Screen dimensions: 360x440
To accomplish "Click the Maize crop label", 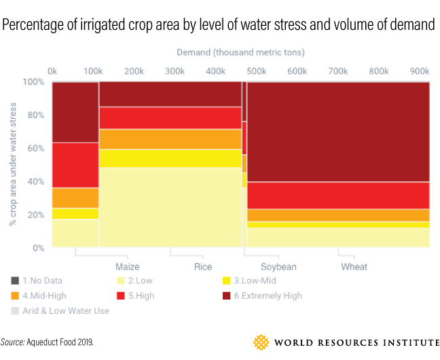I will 127,266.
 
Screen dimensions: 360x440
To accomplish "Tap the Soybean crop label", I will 269,266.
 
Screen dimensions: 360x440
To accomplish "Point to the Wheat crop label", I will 353,266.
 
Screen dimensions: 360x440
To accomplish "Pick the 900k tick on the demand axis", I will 420,71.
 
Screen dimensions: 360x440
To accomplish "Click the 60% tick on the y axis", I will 33,148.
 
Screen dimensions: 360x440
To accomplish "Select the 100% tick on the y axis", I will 32,82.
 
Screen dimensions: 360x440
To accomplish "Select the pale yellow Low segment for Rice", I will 170,206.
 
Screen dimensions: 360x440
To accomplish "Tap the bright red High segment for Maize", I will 75,165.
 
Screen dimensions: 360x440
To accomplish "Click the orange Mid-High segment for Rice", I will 170,139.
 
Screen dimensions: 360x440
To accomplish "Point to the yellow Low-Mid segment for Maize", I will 75,213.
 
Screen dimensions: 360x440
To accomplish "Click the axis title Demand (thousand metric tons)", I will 240,52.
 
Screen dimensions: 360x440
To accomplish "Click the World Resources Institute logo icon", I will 261,341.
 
